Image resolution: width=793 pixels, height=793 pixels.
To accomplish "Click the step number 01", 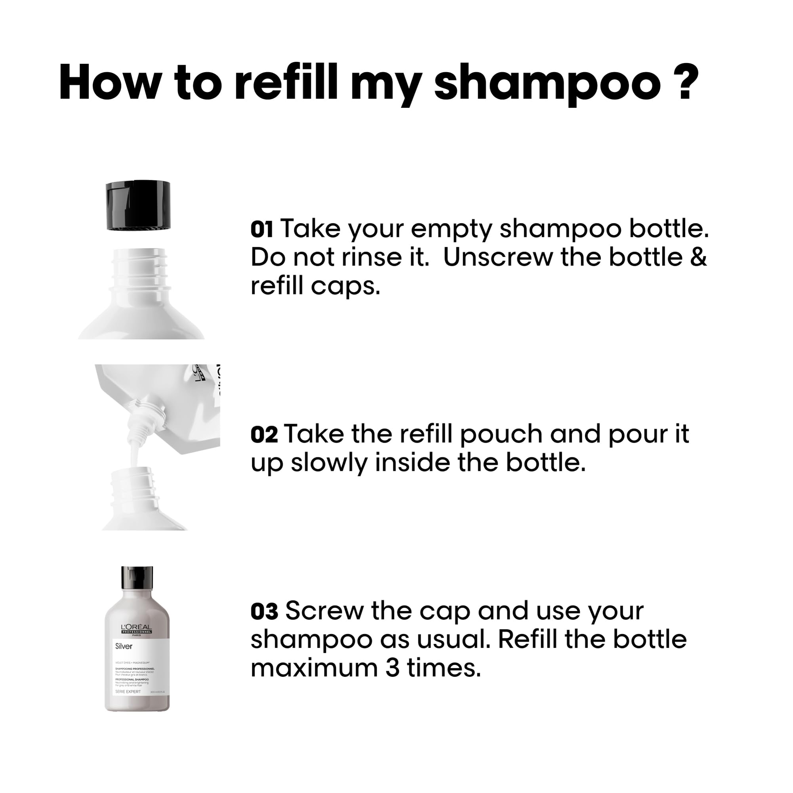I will pos(261,229).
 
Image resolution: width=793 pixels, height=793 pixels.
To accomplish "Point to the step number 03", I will pos(264,612).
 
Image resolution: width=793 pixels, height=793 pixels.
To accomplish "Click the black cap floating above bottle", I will pos(138,205).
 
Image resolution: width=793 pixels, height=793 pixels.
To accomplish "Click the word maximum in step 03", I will pos(314,669).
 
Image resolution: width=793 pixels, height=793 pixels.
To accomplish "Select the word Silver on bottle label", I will pos(124,646).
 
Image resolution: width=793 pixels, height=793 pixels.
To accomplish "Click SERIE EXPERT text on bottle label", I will pos(128,692).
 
